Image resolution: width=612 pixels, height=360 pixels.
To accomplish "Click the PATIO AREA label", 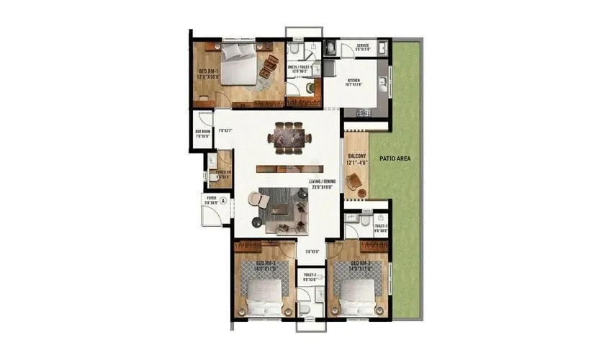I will click(x=395, y=157).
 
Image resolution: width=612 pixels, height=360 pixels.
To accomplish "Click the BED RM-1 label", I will click(x=208, y=73).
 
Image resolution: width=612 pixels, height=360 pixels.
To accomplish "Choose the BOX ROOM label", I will click(x=202, y=133).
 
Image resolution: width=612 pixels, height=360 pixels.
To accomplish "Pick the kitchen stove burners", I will click(x=362, y=112).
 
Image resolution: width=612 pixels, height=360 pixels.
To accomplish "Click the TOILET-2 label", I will click(x=310, y=276).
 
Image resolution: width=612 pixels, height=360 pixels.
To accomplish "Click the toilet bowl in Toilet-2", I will click(x=305, y=308).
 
